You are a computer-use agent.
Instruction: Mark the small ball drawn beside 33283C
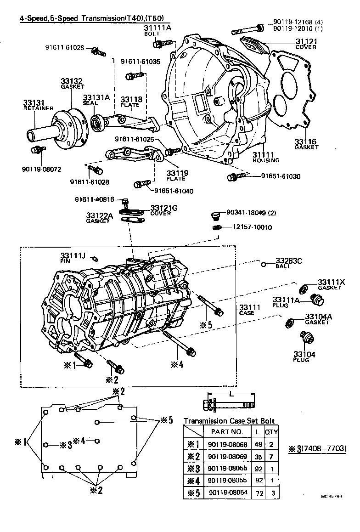[x=264, y=264]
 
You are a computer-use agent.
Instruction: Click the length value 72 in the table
[x=257, y=493]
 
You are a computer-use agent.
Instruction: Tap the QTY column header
[x=271, y=431]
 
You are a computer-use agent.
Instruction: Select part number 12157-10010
[x=252, y=227]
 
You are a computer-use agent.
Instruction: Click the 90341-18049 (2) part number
[x=252, y=213]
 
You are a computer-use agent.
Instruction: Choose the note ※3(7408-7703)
[x=317, y=448]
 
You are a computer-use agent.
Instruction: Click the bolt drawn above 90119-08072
[x=37, y=149]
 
